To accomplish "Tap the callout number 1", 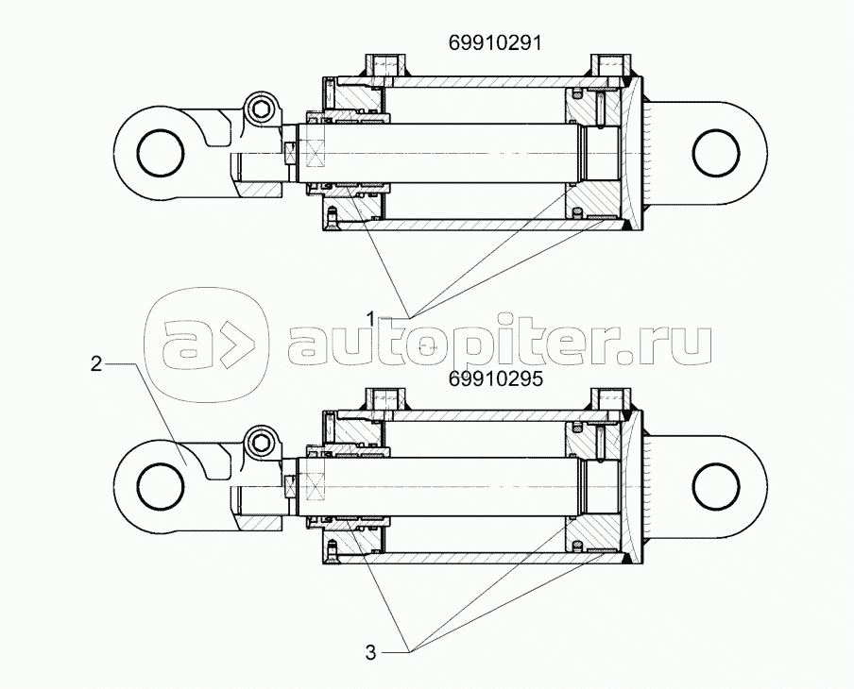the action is point(372,315).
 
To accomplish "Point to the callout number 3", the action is point(371,651).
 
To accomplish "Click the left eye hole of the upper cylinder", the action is point(157,151).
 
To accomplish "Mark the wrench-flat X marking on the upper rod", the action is point(292,152).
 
